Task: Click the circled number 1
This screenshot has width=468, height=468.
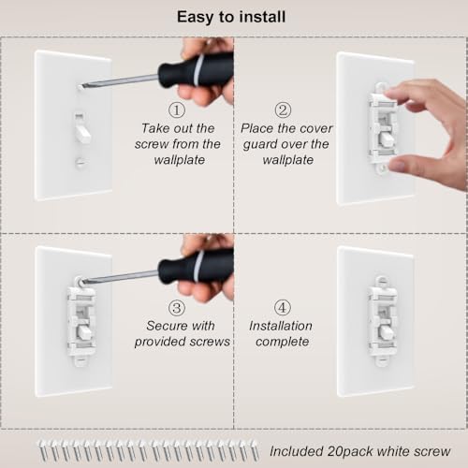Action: coord(177,110)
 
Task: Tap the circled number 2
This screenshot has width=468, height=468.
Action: coord(283,110)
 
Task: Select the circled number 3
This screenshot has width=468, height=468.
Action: coord(177,308)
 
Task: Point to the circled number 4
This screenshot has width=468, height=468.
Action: coord(283,308)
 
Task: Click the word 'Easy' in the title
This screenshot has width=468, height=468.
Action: coord(196,18)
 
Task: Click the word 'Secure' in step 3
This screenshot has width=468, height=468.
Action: coord(165,326)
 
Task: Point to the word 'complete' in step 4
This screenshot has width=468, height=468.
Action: coord(283,342)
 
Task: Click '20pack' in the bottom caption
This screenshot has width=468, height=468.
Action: coord(350,451)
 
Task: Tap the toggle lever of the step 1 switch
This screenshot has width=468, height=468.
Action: coord(82,130)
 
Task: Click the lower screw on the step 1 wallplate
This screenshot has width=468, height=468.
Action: coord(80,162)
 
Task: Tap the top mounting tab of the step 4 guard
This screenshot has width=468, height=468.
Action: coord(381,282)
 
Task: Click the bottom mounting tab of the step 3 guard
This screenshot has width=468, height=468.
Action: coord(80,358)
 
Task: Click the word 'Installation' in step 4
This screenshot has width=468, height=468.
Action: coord(281,326)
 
